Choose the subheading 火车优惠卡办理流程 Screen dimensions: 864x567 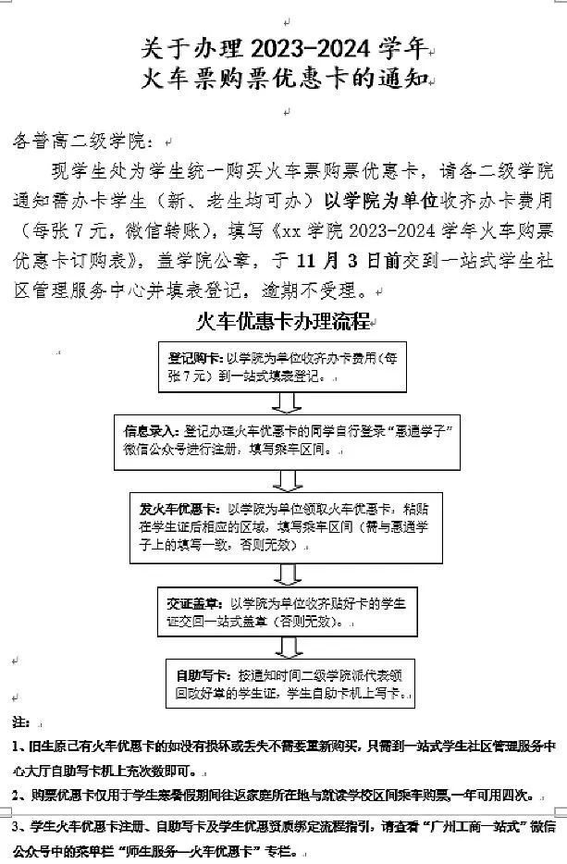(x=283, y=322)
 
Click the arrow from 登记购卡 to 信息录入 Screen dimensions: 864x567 (x=287, y=401)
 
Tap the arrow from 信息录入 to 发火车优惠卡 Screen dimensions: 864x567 (x=287, y=477)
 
